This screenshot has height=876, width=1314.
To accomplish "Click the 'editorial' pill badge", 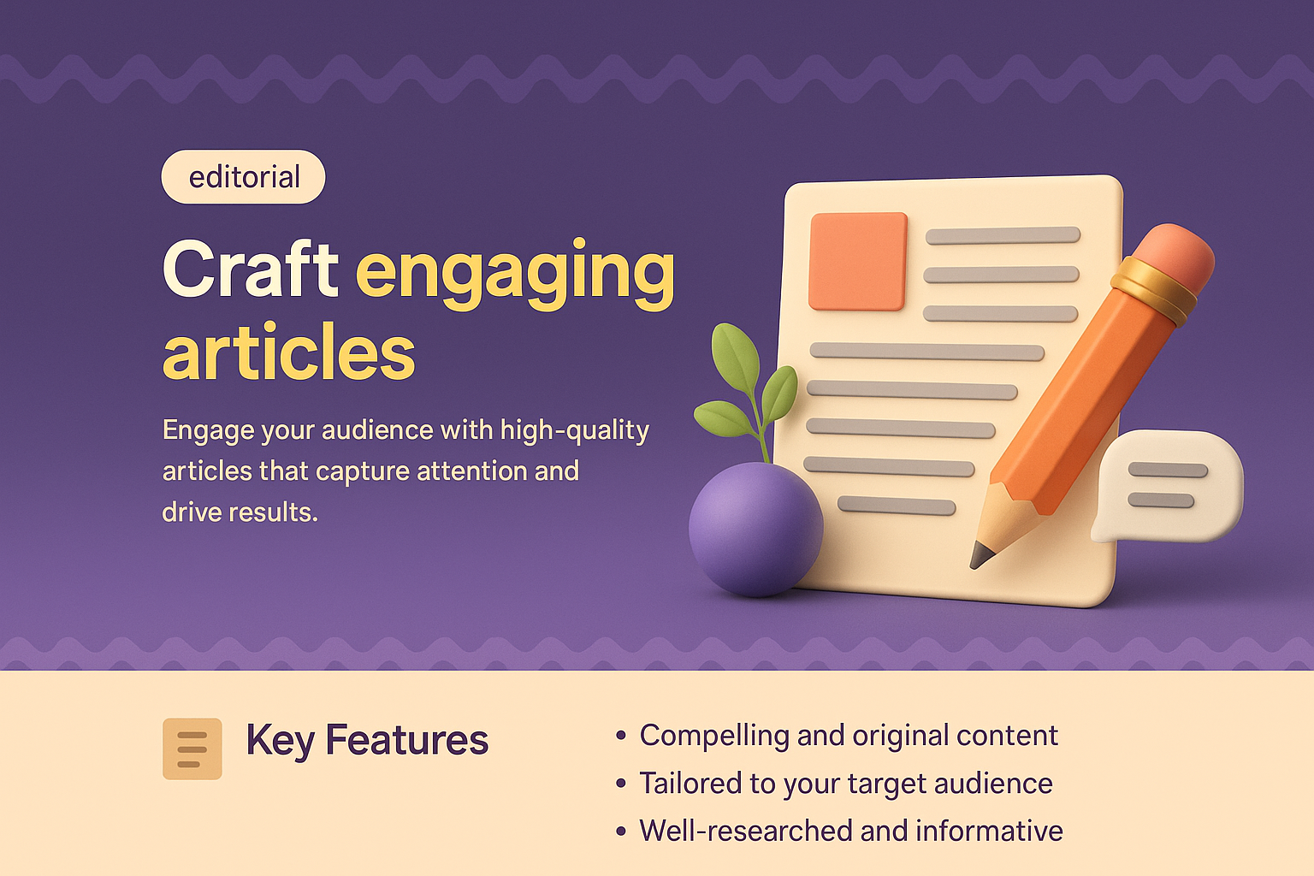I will point(244,177).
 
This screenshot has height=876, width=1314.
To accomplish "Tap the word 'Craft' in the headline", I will point(251,269).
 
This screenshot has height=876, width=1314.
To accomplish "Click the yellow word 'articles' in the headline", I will point(289,352).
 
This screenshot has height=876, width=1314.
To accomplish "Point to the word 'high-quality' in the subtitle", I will point(575,430).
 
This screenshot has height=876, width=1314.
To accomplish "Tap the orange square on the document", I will point(858,261).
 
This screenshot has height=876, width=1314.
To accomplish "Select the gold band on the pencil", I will point(1153,289).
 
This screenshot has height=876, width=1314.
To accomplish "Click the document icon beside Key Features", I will point(192,749).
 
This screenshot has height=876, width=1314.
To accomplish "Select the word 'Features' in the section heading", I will point(407,741).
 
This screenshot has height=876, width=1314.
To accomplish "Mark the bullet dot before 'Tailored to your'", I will point(621,784).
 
